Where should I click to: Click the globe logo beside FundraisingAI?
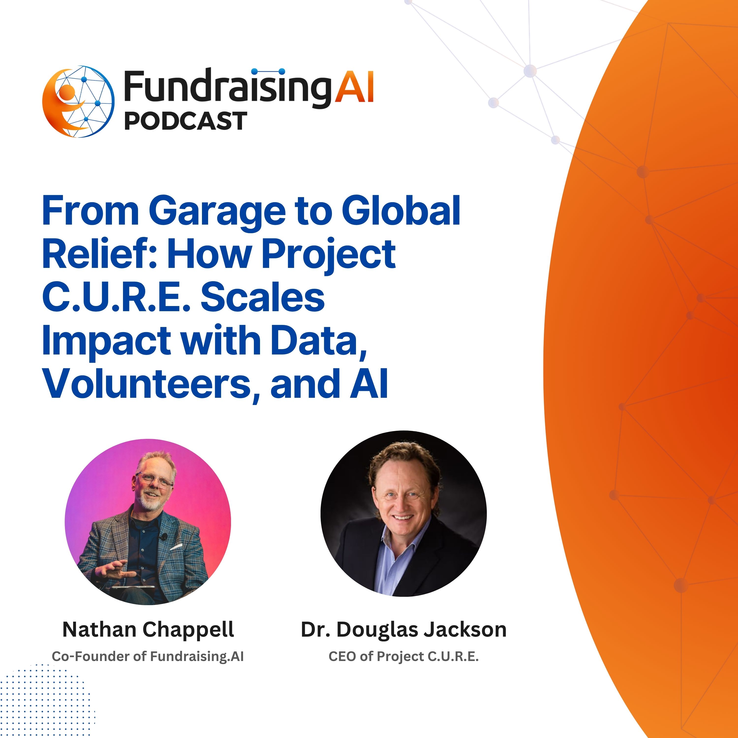(x=78, y=102)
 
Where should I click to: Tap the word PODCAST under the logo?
(x=186, y=121)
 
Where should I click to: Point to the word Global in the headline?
(x=401, y=211)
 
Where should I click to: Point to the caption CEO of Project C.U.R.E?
(x=403, y=656)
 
